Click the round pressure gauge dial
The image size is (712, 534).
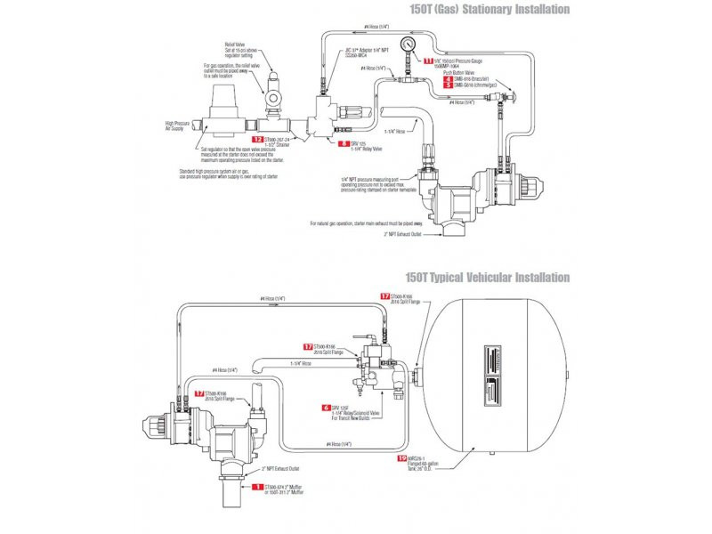(x=409, y=42)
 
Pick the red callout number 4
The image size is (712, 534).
(x=448, y=78)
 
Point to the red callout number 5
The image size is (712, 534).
(x=448, y=85)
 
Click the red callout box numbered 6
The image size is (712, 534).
(x=326, y=407)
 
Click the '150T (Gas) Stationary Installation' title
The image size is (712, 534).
(x=486, y=10)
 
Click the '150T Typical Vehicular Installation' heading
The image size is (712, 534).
(x=487, y=278)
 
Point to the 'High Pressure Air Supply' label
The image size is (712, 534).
(x=181, y=125)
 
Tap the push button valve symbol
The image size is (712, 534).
(x=509, y=89)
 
